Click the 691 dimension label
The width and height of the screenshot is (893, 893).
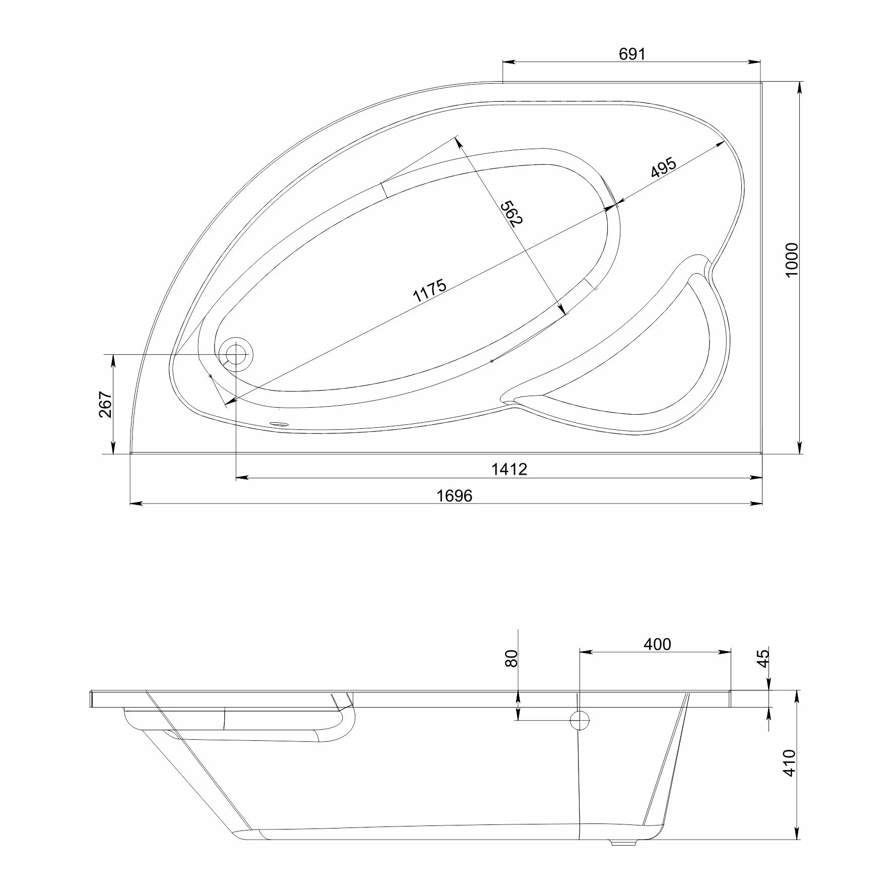pos(632,54)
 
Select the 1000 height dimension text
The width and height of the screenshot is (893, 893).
pos(792,259)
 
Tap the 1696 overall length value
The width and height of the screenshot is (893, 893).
pos(455,496)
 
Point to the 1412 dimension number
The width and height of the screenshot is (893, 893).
pos(509,469)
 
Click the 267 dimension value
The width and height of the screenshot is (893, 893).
pos(105,404)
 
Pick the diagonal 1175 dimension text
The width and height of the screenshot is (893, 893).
pos(430,291)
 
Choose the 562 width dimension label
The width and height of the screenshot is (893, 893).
pos(511,214)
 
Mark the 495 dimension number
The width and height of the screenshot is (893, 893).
pos(663,168)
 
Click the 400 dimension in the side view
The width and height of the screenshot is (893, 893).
pos(657,644)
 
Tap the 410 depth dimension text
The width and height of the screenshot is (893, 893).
pos(790,777)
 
